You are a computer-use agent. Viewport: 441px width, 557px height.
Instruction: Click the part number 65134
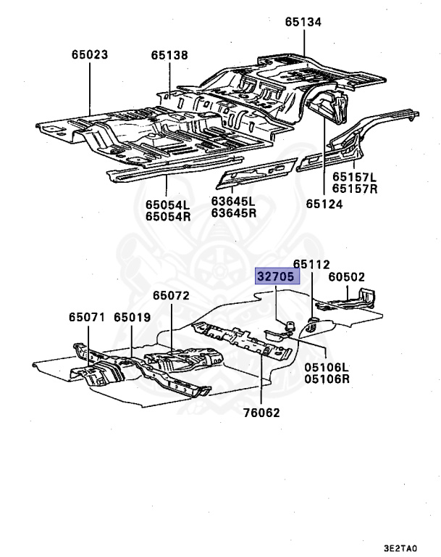click(303, 22)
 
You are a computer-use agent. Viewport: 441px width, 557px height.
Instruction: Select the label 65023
click(90, 54)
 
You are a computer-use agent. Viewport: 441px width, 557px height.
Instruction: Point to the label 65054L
click(164, 204)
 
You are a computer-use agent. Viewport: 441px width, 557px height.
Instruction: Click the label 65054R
click(164, 215)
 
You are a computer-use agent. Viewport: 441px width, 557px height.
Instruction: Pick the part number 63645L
click(234, 201)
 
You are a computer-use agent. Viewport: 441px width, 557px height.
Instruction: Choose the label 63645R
click(234, 213)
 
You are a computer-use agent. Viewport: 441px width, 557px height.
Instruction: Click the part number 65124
click(324, 205)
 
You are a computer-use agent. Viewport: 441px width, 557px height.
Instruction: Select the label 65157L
click(356, 177)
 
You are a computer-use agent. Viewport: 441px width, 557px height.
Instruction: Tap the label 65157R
click(356, 189)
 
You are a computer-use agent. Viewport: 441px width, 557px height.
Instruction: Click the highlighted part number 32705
click(277, 277)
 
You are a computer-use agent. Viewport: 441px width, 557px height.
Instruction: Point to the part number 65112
click(311, 265)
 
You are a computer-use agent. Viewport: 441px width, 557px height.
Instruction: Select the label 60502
click(346, 277)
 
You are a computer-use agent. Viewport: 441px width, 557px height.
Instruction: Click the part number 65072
click(171, 296)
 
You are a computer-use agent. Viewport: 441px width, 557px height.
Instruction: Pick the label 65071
click(88, 317)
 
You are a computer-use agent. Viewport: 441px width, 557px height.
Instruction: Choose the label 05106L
click(327, 367)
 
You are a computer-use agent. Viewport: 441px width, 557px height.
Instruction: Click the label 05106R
click(327, 379)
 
